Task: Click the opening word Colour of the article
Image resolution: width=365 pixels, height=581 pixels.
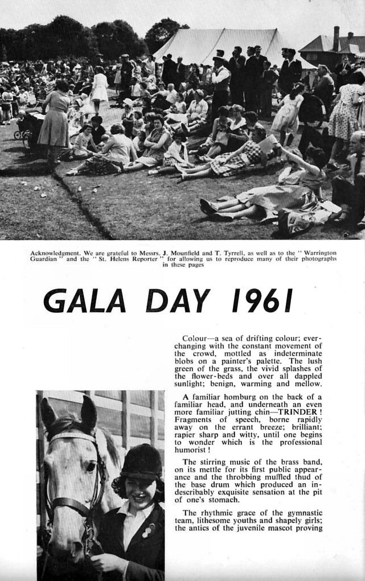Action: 194,338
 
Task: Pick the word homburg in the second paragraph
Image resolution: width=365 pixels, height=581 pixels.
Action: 239,397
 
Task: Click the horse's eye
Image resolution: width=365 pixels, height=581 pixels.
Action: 90,467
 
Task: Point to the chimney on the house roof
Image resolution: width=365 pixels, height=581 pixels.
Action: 336,38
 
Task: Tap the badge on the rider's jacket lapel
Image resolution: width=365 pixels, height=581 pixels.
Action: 147,529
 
